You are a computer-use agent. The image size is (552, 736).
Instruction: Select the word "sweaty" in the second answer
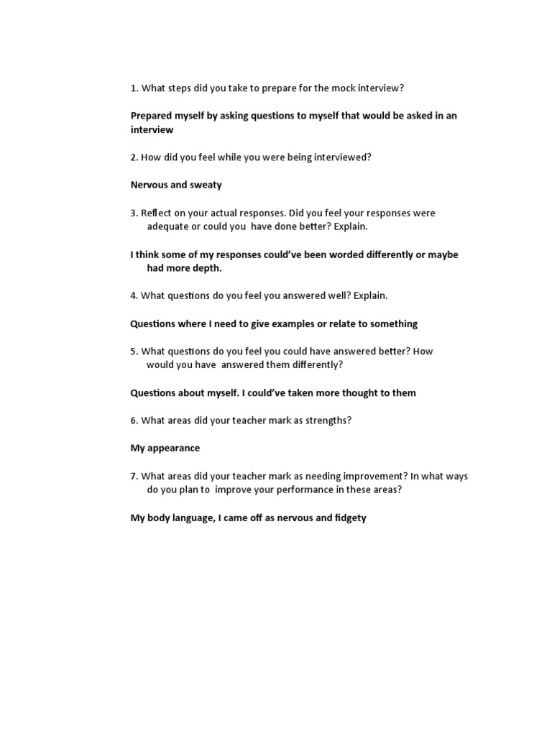pos(206,185)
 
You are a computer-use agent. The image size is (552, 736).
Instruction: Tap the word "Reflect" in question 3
pos(157,213)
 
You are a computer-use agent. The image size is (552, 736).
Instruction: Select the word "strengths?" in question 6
pos(328,420)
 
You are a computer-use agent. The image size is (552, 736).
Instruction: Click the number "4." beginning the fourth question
pos(134,295)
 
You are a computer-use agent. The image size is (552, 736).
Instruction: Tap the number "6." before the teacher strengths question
pos(134,420)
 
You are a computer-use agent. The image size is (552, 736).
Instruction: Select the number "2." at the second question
pos(134,157)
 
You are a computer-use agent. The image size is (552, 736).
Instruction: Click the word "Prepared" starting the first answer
pos(152,116)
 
